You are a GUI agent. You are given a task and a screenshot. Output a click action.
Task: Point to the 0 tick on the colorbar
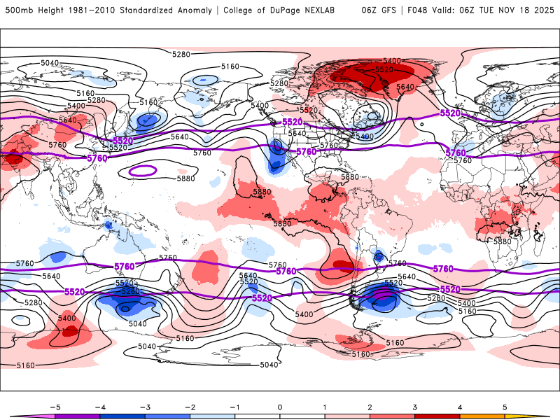pos(280,407)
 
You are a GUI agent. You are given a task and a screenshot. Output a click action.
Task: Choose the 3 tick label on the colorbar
pos(415,407)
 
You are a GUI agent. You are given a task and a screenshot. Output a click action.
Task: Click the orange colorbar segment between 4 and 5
pos(482,416)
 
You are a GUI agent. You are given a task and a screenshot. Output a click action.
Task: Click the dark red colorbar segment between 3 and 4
pos(437,416)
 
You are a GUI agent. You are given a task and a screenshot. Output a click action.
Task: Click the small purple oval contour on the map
pos(143,170)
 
